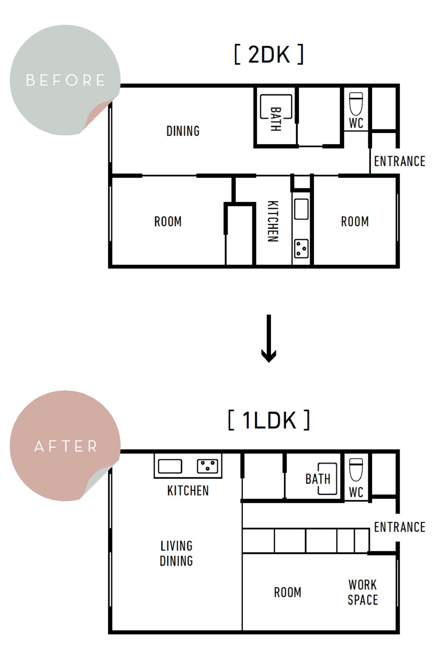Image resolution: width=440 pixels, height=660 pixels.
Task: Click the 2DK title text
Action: [x=269, y=54]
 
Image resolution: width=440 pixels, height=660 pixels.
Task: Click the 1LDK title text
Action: [x=269, y=420]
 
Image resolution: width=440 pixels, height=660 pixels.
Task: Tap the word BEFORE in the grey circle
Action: [x=65, y=80]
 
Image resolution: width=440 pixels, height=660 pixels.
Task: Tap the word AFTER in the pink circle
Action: [x=66, y=446]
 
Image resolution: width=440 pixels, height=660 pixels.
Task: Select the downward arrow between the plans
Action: [x=269, y=338]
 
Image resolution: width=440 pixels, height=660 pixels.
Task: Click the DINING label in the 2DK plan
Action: [x=183, y=131]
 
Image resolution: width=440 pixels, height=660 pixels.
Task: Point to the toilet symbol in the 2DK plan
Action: [x=356, y=104]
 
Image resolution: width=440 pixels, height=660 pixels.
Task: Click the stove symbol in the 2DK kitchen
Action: [x=301, y=248]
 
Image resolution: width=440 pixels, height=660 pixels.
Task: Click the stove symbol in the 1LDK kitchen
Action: [x=207, y=466]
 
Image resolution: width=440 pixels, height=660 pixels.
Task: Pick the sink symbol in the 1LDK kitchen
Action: [x=170, y=466]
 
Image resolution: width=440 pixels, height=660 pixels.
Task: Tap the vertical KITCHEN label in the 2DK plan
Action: [x=273, y=221]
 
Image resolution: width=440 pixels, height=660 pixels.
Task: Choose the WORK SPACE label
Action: [x=363, y=592]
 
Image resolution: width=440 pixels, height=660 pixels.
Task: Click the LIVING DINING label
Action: [x=176, y=553]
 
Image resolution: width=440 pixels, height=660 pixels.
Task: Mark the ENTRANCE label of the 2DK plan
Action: [x=400, y=161]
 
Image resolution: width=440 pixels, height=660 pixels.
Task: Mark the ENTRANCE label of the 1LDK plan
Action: [x=400, y=527]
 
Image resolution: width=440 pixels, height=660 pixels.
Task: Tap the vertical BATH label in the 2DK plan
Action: [x=276, y=119]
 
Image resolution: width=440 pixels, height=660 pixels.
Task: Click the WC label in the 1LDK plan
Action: [x=356, y=492]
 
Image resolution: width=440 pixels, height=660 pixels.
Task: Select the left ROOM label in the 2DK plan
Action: [x=168, y=222]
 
